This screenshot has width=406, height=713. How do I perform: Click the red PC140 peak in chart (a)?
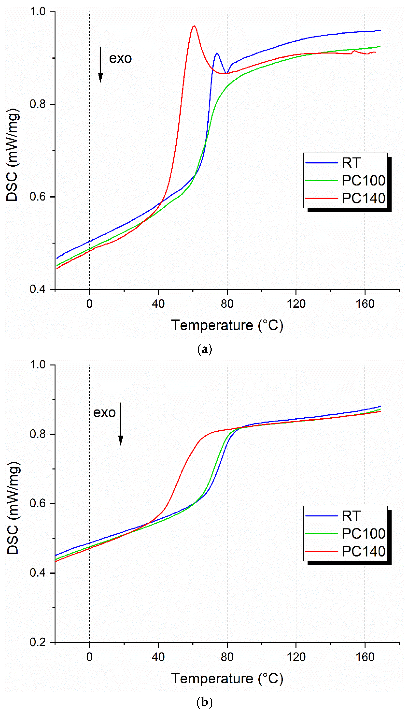(194, 26)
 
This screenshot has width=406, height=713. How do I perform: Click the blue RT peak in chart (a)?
(217, 53)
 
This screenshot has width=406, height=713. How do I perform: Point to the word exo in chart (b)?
(104, 413)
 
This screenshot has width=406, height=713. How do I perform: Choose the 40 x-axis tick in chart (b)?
(158, 657)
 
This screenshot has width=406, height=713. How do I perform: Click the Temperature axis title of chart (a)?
(227, 325)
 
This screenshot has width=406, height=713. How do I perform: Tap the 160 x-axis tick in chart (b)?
(365, 657)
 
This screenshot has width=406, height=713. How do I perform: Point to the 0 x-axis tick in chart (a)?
(89, 304)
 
